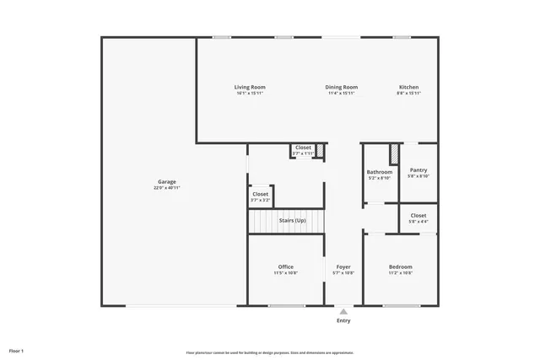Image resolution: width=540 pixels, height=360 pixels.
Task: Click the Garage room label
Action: click(x=167, y=182)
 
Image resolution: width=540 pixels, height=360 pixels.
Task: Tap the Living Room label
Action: click(x=250, y=87)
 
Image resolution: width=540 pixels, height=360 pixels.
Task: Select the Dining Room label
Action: click(x=342, y=87)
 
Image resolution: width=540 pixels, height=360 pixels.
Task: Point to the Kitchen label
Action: click(x=408, y=87)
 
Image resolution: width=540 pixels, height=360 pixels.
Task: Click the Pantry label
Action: click(x=418, y=169)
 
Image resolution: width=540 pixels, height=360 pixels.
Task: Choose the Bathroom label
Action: click(x=379, y=172)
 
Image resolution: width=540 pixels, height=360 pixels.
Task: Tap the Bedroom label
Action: click(x=400, y=266)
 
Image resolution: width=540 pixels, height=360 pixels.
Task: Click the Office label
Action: click(x=286, y=266)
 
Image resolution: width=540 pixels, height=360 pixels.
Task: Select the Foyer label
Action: click(x=343, y=266)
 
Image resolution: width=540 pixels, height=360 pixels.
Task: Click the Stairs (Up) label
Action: click(x=292, y=221)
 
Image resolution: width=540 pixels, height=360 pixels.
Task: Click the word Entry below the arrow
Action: click(x=343, y=320)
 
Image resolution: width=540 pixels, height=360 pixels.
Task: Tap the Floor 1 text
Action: click(x=17, y=350)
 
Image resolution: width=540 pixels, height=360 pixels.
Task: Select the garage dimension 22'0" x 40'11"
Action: click(x=167, y=188)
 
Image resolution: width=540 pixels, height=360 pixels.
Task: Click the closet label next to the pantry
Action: click(x=418, y=216)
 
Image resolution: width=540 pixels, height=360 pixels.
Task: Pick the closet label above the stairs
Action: click(x=261, y=194)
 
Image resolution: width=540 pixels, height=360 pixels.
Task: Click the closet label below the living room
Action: click(x=303, y=148)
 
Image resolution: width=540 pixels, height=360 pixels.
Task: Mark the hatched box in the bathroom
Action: click(x=393, y=155)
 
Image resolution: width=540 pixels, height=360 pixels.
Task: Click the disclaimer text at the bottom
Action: click(x=270, y=352)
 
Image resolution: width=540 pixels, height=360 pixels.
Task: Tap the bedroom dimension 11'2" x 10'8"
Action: click(x=400, y=273)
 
